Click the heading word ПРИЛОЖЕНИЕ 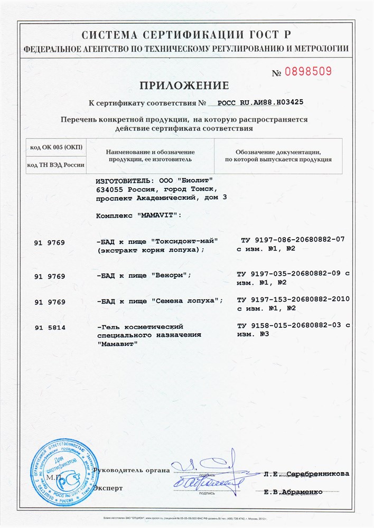[x=184, y=86]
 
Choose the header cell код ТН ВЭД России [x=56, y=165]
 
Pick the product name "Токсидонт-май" [x=185, y=240]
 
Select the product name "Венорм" [x=169, y=275]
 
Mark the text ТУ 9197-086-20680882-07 [x=292, y=239]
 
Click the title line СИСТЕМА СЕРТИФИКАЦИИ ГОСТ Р [x=186, y=35]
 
